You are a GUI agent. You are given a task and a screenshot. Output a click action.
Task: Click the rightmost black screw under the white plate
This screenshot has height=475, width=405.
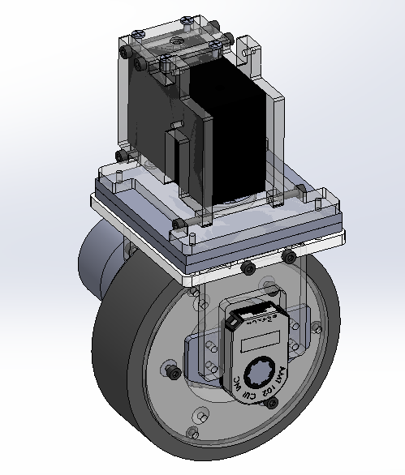pyautogui.click(x=287, y=258)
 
